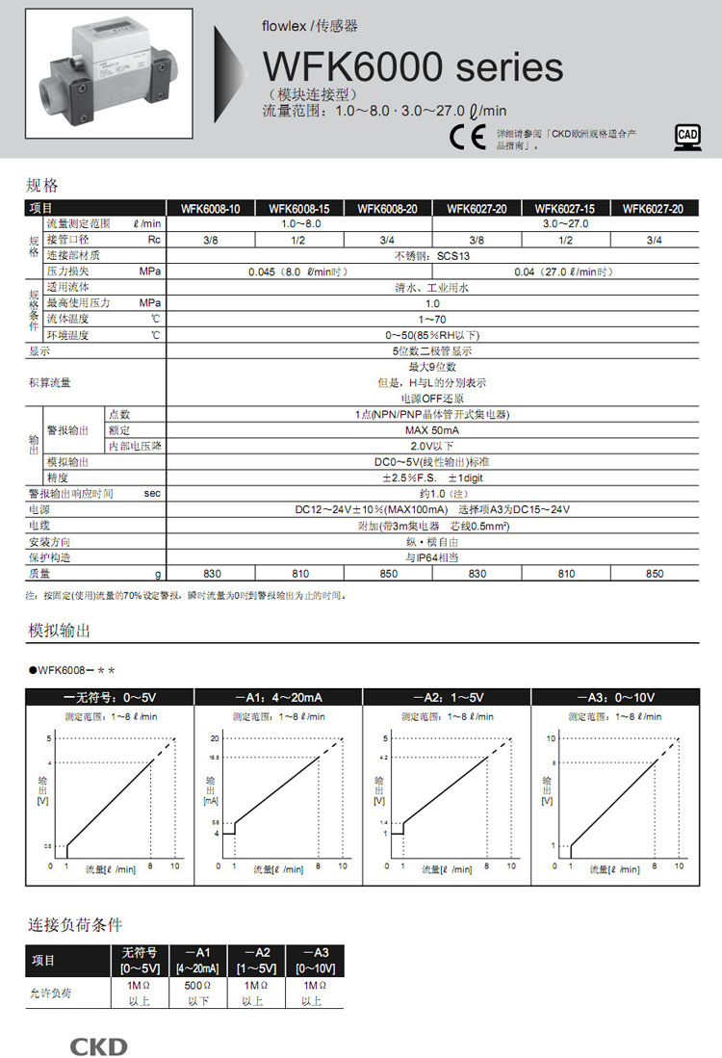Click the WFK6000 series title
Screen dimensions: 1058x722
413,67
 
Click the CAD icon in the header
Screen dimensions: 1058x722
686,137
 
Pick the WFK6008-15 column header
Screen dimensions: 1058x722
299,208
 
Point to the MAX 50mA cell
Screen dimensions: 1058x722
430,429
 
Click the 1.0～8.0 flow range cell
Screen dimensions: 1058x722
299,223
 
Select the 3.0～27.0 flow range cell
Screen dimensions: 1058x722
565,223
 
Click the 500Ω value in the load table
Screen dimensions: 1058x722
197,987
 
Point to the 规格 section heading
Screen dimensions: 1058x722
42,185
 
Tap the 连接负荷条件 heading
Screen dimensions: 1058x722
74,925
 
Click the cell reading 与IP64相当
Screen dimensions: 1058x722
431,557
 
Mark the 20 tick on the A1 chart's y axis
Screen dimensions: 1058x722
217,737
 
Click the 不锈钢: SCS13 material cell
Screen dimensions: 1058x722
430,255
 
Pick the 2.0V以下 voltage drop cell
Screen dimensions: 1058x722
430,446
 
